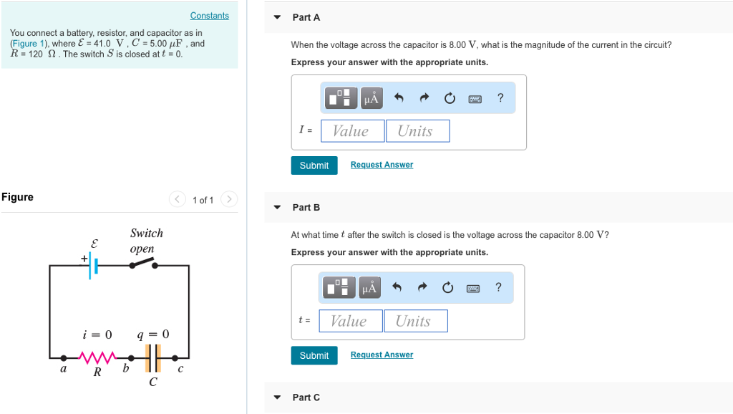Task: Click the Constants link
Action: pos(210,16)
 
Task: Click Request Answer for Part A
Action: pos(382,165)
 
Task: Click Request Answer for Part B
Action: pos(382,355)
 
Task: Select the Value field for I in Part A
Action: pos(352,131)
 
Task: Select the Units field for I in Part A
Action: pos(417,131)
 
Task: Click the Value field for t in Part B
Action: pos(350,321)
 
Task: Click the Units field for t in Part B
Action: pos(415,321)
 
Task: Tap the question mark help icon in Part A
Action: pos(500,97)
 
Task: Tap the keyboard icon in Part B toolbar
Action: pos(473,288)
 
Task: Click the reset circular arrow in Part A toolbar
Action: pos(450,98)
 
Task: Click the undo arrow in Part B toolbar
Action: pos(399,288)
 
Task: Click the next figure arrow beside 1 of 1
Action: pos(228,199)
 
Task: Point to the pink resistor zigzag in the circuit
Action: pos(97,357)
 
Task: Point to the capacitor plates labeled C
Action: pos(153,357)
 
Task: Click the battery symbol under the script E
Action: pos(92,266)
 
